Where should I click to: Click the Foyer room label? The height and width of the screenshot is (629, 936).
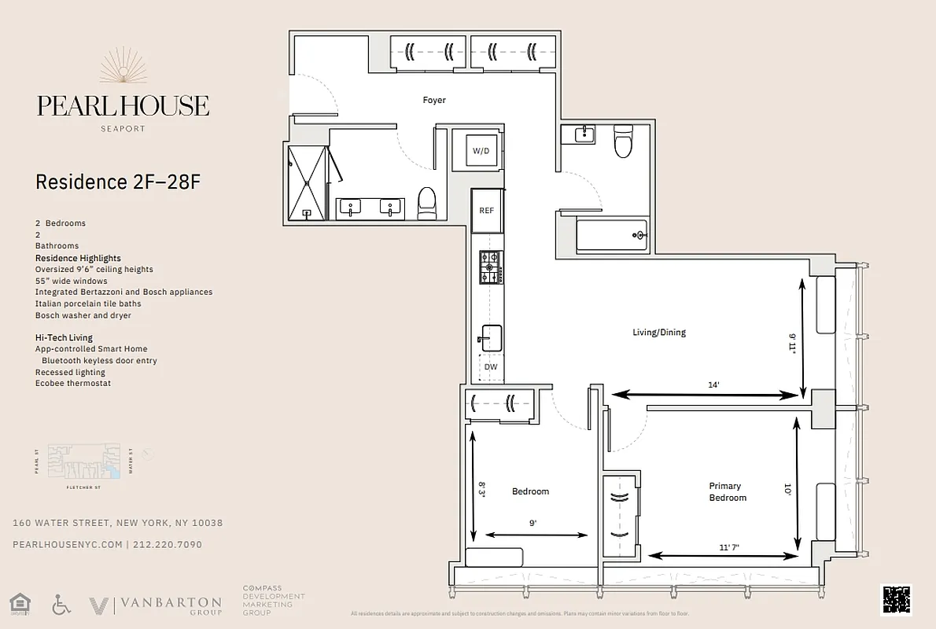434,101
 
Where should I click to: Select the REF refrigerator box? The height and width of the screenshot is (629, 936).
487,211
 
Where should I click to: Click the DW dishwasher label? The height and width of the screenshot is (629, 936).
491,367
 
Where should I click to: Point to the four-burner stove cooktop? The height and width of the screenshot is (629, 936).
491,267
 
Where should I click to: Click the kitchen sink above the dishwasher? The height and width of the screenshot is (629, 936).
492,338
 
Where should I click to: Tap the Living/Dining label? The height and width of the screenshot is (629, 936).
659,333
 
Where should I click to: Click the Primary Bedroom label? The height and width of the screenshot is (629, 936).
728,492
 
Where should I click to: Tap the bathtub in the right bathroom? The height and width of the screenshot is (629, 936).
611,235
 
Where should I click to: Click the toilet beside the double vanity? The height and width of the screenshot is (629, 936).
427,202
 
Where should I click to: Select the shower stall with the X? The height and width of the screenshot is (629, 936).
307,182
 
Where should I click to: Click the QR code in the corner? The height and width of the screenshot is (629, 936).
896,600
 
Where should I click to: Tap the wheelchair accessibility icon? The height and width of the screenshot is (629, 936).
61,605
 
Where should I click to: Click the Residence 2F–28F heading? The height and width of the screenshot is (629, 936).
118,182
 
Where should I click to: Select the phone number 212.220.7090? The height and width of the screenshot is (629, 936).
167,544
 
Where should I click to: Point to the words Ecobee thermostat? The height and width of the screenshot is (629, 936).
73,384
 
